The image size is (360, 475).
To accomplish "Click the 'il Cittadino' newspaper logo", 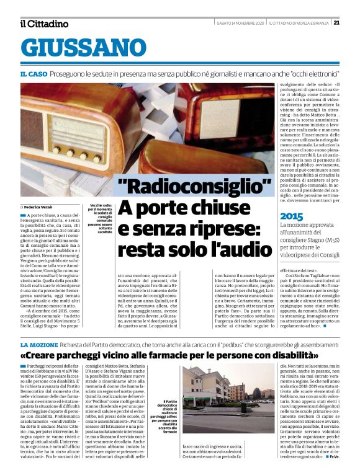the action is click(x=44, y=24).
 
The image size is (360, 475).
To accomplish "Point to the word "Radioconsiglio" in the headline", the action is click(x=195, y=186).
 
